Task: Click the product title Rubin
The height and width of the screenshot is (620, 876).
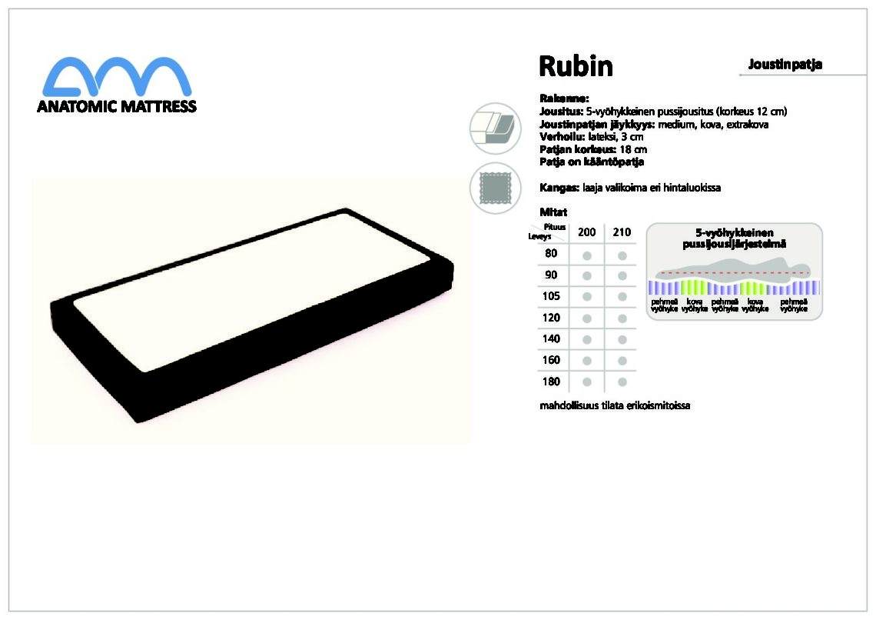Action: click(576, 66)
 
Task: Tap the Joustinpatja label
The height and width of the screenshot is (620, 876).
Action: click(785, 65)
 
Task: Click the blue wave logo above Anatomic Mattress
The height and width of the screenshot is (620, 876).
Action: click(117, 77)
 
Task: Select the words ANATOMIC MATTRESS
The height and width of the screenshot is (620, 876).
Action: click(117, 106)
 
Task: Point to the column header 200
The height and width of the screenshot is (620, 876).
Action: click(586, 232)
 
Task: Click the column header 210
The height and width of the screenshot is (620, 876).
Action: click(622, 232)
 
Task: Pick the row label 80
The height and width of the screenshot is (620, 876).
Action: click(551, 253)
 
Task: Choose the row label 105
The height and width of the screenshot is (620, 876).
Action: click(551, 295)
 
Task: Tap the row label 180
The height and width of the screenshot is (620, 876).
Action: click(551, 382)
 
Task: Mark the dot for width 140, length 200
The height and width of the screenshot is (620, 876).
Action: click(586, 339)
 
